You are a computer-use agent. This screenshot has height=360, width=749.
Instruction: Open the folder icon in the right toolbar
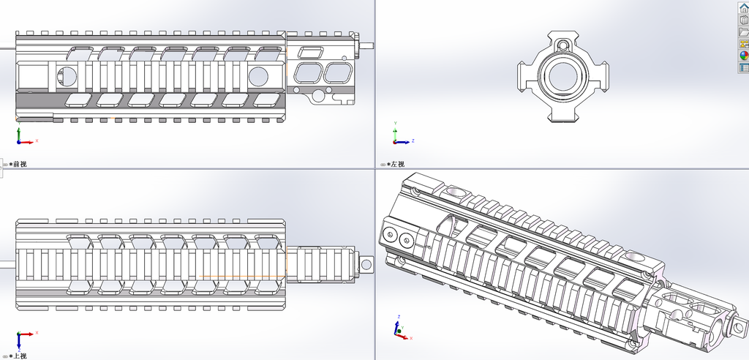click(x=744, y=31)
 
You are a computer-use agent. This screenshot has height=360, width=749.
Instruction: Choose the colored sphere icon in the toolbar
click(x=744, y=55)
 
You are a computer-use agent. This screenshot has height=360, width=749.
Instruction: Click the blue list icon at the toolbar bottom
click(x=744, y=67)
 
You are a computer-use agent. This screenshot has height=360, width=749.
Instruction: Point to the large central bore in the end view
click(x=562, y=75)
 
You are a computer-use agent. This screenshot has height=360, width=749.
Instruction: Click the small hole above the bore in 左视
click(x=562, y=45)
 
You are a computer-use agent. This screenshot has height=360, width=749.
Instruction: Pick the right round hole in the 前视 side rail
click(x=259, y=75)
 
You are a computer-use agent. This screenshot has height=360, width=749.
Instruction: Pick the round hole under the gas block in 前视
click(x=318, y=94)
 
